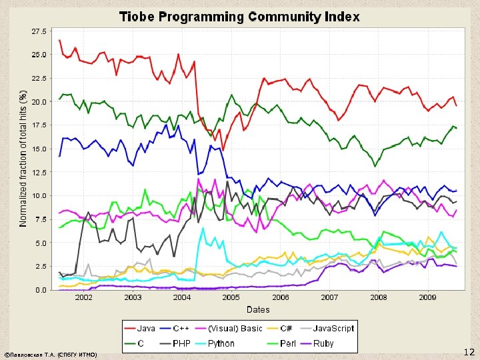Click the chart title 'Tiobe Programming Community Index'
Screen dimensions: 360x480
(x=239, y=17)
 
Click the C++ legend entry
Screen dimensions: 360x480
(x=180, y=329)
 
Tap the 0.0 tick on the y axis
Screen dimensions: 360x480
(x=41, y=290)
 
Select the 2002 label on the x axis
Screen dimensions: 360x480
(x=83, y=298)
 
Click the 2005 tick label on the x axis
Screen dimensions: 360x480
(x=231, y=298)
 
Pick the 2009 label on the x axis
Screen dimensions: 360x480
(x=428, y=298)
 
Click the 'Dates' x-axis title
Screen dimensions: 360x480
(x=258, y=309)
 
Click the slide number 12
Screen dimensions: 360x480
(x=469, y=351)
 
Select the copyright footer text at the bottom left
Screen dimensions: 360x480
(x=50, y=355)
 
